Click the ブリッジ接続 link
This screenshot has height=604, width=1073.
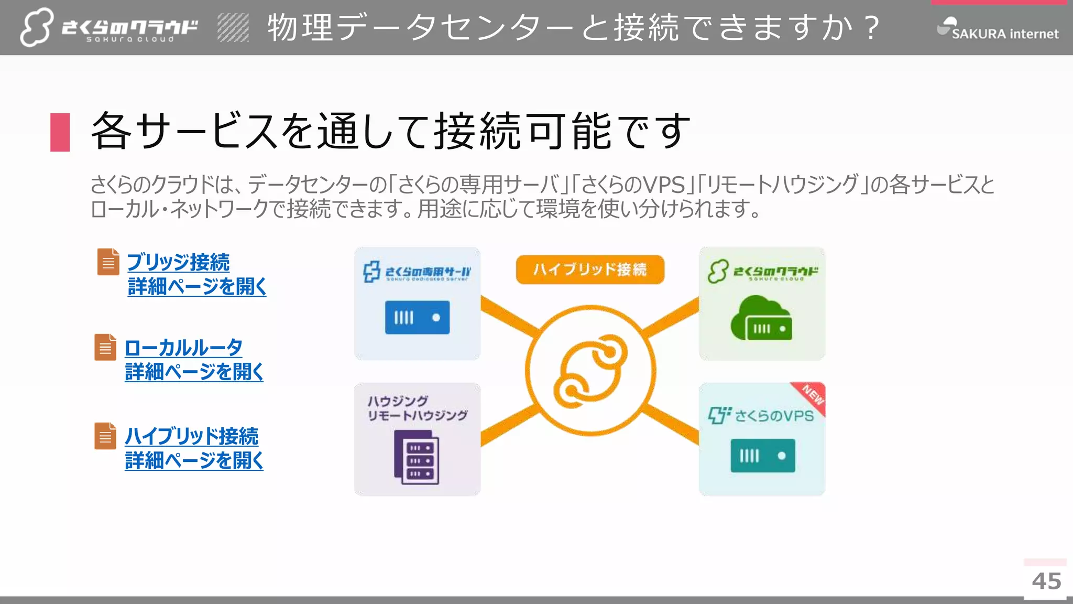point(178,263)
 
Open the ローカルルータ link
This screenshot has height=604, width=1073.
point(183,348)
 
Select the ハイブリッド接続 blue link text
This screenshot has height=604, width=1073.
point(191,436)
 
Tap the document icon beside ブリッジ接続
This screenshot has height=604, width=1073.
point(108,262)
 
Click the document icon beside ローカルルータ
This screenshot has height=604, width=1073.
point(105,347)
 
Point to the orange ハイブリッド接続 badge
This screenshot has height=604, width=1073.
point(590,269)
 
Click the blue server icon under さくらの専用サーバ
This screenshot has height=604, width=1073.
point(417,317)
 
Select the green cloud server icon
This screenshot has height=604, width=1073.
point(761,318)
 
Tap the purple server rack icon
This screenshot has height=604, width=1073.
point(417,457)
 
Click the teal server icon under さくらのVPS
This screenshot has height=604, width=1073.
point(762,456)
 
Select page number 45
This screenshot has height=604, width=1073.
point(1046,581)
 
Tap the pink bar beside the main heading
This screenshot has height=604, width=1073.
point(60,132)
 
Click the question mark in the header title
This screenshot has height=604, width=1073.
point(872,27)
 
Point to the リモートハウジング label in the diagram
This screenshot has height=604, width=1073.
point(417,415)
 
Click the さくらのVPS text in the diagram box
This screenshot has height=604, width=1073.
point(774,416)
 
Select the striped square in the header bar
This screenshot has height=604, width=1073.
point(233,28)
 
